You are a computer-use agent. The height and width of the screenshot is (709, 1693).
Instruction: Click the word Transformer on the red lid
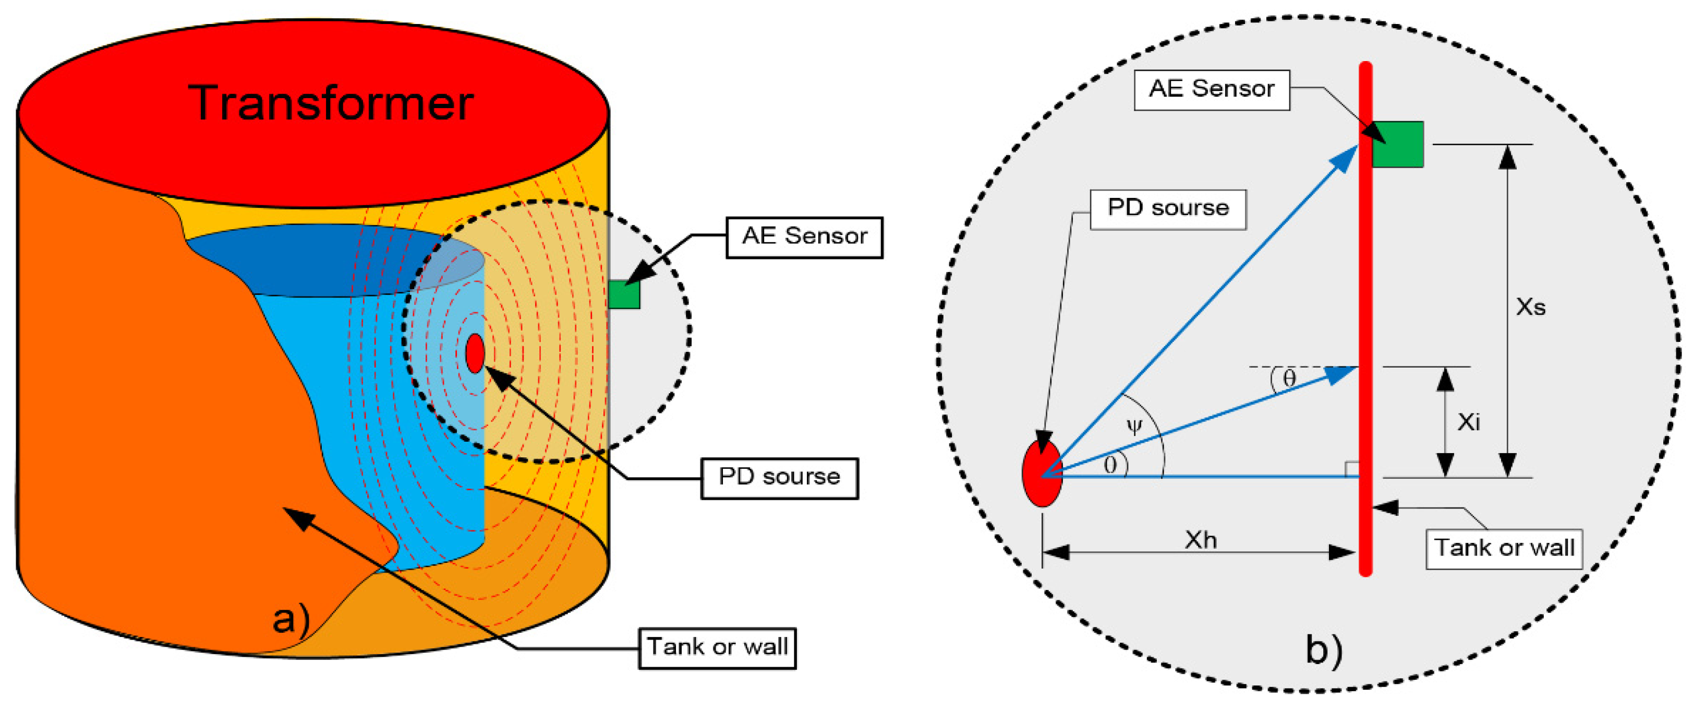pos(331,103)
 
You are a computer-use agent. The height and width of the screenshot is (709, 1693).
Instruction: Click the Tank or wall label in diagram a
pos(717,648)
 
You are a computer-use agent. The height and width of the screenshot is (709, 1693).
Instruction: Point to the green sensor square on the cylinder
pos(624,294)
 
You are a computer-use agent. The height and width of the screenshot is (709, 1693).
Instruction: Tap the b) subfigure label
pos(1324,650)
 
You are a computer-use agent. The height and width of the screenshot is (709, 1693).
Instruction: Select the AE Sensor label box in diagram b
pos(1211,89)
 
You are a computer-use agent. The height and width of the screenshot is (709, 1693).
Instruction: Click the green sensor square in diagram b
pos(1398,144)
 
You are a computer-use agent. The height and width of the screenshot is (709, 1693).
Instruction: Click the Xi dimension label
pos(1469,422)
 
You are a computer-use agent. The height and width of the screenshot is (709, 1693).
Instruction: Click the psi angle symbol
pos(1134,426)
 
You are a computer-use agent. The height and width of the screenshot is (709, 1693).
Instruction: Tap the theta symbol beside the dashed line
pos(1289,378)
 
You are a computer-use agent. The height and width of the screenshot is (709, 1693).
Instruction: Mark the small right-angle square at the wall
pos(1352,469)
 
